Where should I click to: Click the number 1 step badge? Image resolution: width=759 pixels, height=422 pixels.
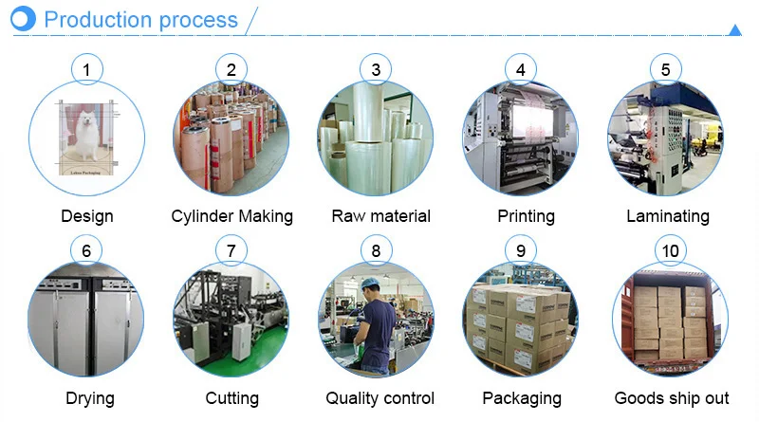click(86, 69)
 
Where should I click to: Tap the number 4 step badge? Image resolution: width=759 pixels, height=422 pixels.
click(521, 69)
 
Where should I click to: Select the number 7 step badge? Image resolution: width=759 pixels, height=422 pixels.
click(231, 251)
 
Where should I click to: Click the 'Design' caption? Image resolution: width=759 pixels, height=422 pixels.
click(86, 216)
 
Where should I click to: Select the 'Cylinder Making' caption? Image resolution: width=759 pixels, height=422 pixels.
click(231, 216)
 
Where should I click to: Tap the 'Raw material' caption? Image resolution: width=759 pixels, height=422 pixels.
click(380, 216)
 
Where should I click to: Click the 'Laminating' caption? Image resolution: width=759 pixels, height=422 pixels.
click(667, 216)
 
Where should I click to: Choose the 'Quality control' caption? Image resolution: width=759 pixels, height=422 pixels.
click(379, 398)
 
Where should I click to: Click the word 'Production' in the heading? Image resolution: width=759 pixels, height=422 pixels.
click(98, 19)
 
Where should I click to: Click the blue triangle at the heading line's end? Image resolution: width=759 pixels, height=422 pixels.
click(734, 30)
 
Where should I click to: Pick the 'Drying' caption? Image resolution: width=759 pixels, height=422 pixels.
click(86, 398)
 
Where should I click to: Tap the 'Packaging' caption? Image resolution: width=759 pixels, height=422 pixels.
click(521, 398)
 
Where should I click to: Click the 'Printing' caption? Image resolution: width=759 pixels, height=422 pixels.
click(526, 216)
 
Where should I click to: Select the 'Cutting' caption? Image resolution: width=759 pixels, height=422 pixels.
click(231, 398)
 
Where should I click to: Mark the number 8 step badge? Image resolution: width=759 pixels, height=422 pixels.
click(377, 251)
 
